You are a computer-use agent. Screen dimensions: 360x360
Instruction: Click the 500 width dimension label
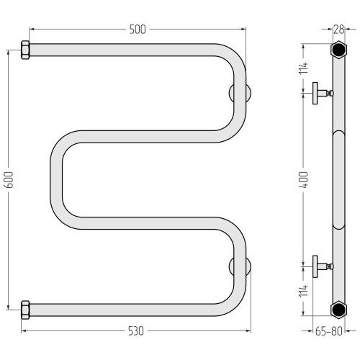(138, 30)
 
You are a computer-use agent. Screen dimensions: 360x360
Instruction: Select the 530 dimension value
(136, 331)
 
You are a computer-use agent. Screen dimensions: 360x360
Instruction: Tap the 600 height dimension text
(9, 180)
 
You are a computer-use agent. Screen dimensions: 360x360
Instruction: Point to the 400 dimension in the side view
(304, 180)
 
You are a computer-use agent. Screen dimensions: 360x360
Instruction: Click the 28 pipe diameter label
(339, 30)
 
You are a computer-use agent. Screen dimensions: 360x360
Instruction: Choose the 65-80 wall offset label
(328, 331)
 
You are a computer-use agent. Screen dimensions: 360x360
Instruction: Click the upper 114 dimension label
(304, 68)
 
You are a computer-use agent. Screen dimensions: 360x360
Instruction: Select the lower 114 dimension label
(304, 291)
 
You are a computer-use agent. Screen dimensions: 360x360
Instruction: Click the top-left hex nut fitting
(25, 50)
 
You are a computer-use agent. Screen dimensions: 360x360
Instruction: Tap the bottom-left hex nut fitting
(25, 310)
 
